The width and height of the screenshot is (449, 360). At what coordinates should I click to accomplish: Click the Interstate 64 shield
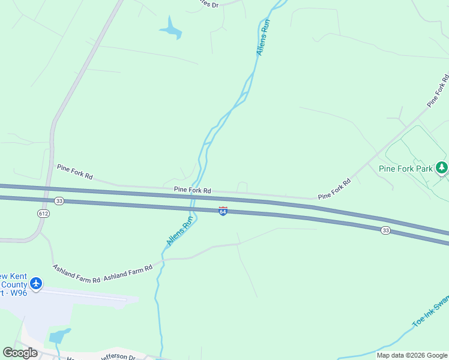pyautogui.click(x=223, y=211)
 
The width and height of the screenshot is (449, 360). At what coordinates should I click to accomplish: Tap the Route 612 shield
pyautogui.click(x=43, y=213)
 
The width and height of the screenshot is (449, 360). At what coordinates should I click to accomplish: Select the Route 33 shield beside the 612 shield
pyautogui.click(x=59, y=201)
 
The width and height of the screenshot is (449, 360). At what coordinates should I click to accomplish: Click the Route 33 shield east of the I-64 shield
pyautogui.click(x=385, y=230)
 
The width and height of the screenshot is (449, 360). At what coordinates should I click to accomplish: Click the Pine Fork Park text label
pyautogui.click(x=405, y=169)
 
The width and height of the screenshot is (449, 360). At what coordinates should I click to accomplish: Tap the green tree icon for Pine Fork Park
pyautogui.click(x=442, y=167)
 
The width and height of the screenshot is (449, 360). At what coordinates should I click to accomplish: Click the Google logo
pyautogui.click(x=20, y=353)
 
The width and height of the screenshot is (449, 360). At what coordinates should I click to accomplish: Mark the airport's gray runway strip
pyautogui.click(x=90, y=296)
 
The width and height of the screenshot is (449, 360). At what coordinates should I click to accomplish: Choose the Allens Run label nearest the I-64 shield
pyautogui.click(x=180, y=232)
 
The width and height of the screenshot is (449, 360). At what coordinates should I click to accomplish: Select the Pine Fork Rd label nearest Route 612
pyautogui.click(x=75, y=172)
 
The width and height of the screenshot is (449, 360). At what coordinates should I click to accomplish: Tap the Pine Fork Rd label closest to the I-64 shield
pyautogui.click(x=192, y=190)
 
